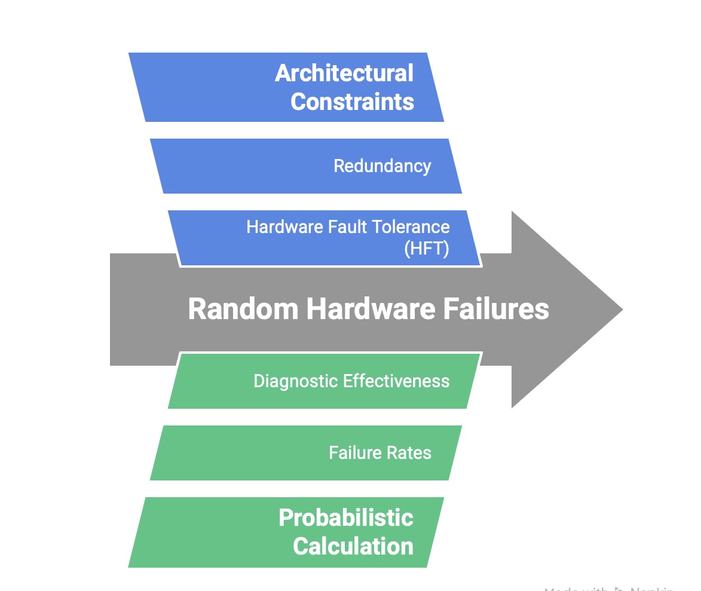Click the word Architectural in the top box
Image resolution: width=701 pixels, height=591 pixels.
pos(344,74)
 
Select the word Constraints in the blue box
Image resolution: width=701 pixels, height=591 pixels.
pos(352,102)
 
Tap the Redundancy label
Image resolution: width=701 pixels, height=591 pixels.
pos(382,166)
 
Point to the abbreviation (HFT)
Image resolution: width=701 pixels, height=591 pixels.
pos(426,248)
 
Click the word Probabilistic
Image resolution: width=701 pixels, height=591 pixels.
pos(345,517)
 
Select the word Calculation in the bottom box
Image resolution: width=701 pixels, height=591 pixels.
pos(353,546)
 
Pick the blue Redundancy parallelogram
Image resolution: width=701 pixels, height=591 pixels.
pos(239,166)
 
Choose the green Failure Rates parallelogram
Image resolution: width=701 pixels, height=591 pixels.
pos(239,453)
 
